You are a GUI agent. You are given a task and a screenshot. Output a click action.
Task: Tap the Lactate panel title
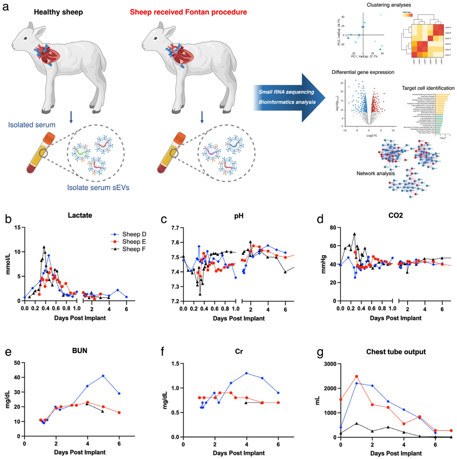pyautogui.click(x=80, y=215)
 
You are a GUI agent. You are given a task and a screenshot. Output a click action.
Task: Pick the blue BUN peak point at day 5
pyautogui.click(x=103, y=376)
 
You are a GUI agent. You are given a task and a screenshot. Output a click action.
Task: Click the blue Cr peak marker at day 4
pyautogui.click(x=247, y=373)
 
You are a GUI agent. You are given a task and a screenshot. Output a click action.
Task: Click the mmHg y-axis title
pyautogui.click(x=323, y=264)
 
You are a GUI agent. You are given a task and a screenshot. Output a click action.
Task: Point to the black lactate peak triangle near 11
pyautogui.click(x=44, y=247)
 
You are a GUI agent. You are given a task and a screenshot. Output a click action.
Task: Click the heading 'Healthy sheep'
pyautogui.click(x=58, y=12)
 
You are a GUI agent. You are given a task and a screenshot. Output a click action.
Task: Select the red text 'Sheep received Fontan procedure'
pyautogui.click(x=188, y=12)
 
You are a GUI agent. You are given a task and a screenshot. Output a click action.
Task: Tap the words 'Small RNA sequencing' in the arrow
pyautogui.click(x=286, y=92)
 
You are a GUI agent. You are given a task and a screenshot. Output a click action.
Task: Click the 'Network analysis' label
pyautogui.click(x=376, y=173)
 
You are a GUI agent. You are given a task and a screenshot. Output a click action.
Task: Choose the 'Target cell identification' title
pyautogui.click(x=428, y=88)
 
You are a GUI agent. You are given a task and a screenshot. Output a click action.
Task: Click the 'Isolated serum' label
pyautogui.click(x=32, y=125)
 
